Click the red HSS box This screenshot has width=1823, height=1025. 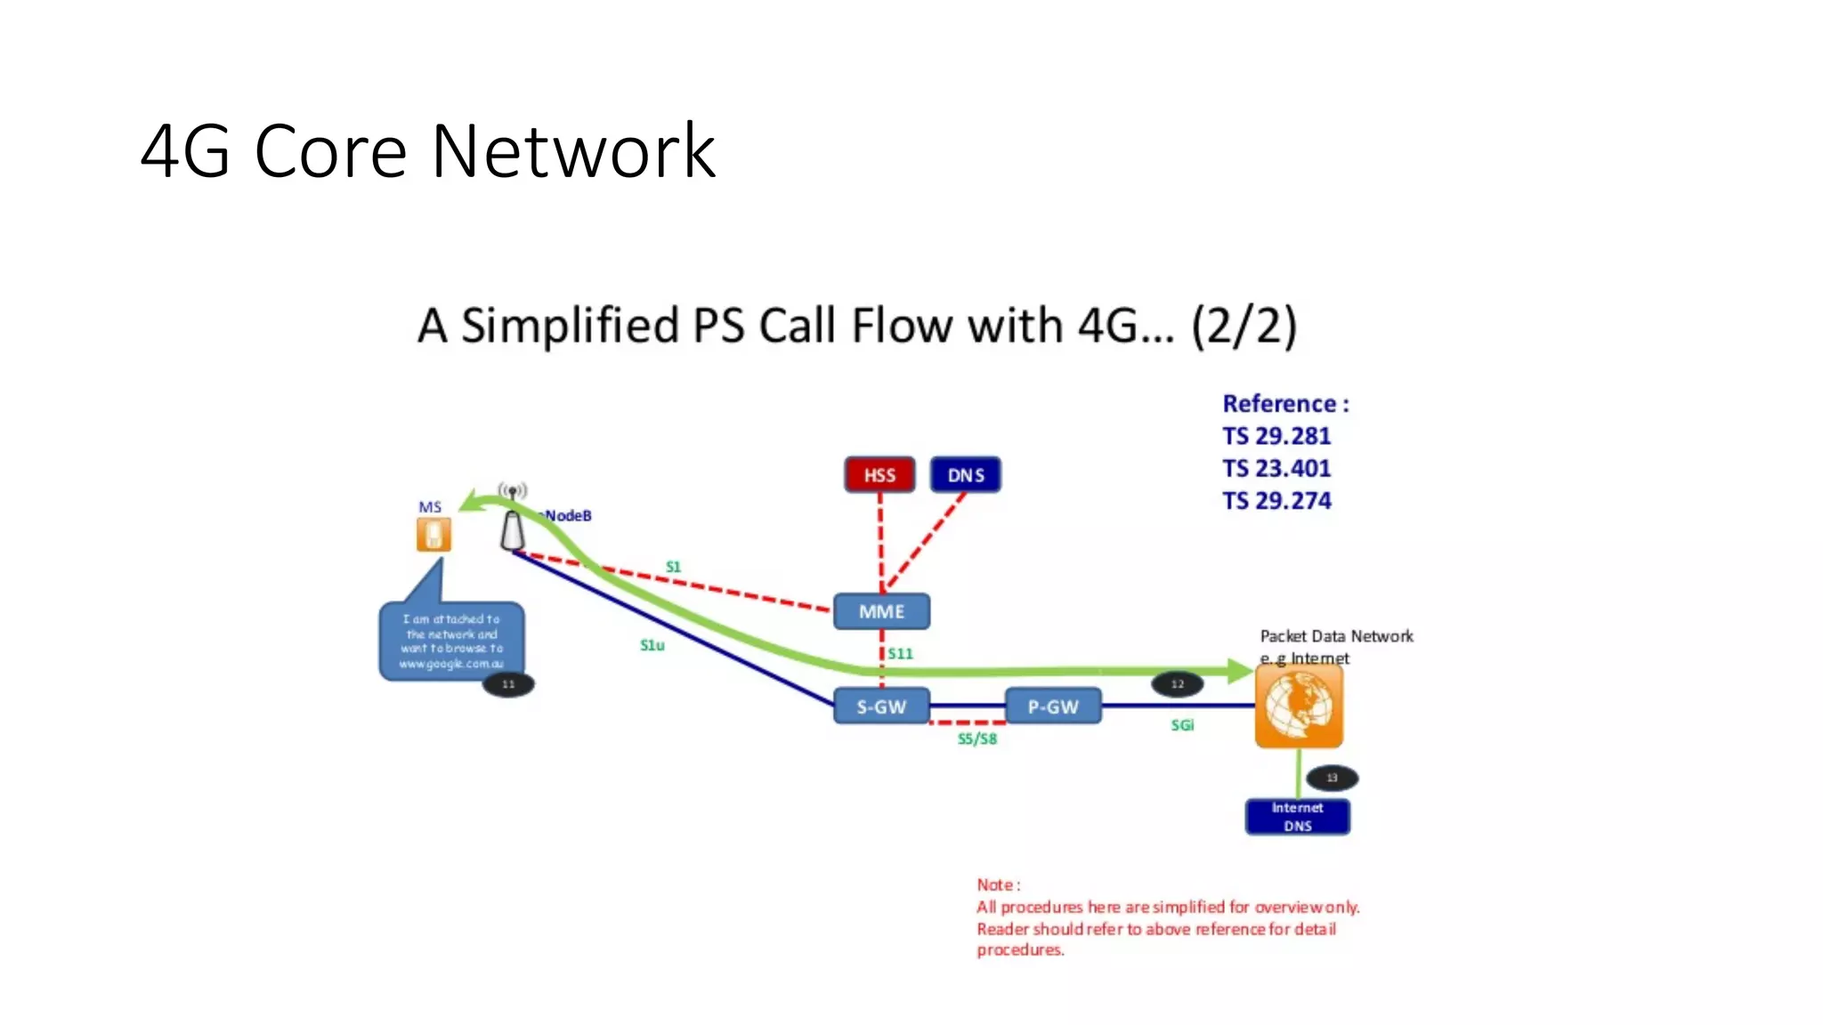pyautogui.click(x=879, y=475)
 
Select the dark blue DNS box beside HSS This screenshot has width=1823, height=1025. pyautogui.click(x=966, y=475)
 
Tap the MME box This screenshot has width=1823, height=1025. pyautogui.click(x=881, y=611)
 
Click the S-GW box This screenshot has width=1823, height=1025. pyautogui.click(x=881, y=706)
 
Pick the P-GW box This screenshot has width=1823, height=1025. pyautogui.click(x=1053, y=706)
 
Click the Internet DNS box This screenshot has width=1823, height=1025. pyautogui.click(x=1297, y=816)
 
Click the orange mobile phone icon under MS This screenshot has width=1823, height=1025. pyautogui.click(x=433, y=535)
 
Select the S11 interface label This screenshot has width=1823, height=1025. pyautogui.click(x=900, y=653)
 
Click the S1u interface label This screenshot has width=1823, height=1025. pyautogui.click(x=652, y=645)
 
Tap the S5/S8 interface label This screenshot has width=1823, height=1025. pyautogui.click(x=976, y=738)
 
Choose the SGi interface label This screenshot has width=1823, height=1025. pyautogui.click(x=1182, y=725)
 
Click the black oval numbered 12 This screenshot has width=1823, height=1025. pyautogui.click(x=1178, y=684)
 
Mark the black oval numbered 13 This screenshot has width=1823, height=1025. pyautogui.click(x=1332, y=778)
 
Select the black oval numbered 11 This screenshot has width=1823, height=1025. pyautogui.click(x=508, y=684)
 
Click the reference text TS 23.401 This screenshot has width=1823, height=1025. pyautogui.click(x=1276, y=468)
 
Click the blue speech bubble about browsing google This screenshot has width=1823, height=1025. pyautogui.click(x=451, y=641)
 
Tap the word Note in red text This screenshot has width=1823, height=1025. pyautogui.click(x=995, y=884)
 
